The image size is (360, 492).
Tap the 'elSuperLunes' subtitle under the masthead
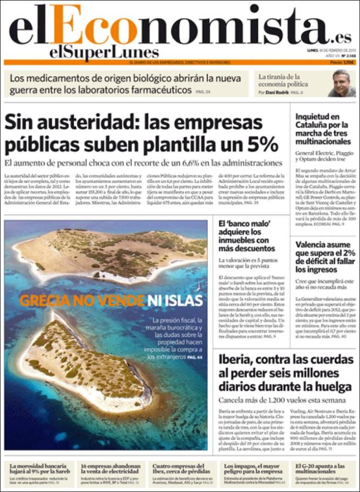pyautogui.click(x=104, y=52)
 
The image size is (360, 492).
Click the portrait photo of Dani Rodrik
pyautogui.click(x=342, y=83)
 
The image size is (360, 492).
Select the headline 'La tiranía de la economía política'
pyautogui.click(x=281, y=80)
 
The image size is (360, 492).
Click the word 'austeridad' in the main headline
pyautogui.click(x=84, y=123)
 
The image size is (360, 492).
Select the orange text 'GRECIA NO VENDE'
pyautogui.click(x=82, y=301)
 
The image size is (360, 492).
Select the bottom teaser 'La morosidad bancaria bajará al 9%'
pyautogui.click(x=41, y=469)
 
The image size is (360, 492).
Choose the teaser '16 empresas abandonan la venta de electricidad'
pyautogui.click(x=111, y=469)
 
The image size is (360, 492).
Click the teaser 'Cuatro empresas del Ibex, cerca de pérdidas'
pyautogui.click(x=183, y=469)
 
